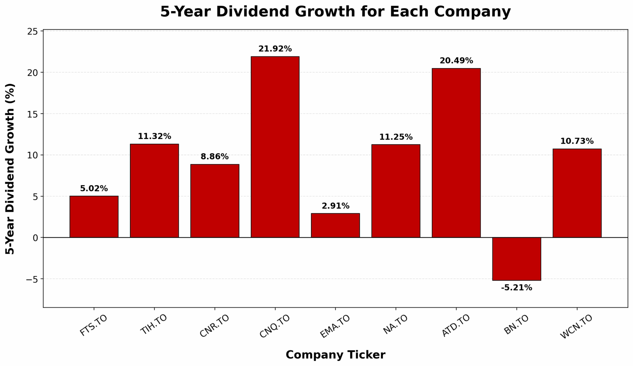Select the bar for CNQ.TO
[x=275, y=147]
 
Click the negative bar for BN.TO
[x=516, y=259]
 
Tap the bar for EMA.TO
[x=335, y=225]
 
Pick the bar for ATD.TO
[x=456, y=153]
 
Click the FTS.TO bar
[x=94, y=217]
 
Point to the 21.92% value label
[x=275, y=49]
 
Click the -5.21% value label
[x=516, y=288]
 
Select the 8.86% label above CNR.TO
[x=214, y=157]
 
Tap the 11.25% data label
[x=396, y=137]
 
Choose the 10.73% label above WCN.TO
[x=577, y=141]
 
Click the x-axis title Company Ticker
[x=335, y=355]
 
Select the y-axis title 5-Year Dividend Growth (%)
[x=10, y=169]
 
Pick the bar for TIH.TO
[x=154, y=191]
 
